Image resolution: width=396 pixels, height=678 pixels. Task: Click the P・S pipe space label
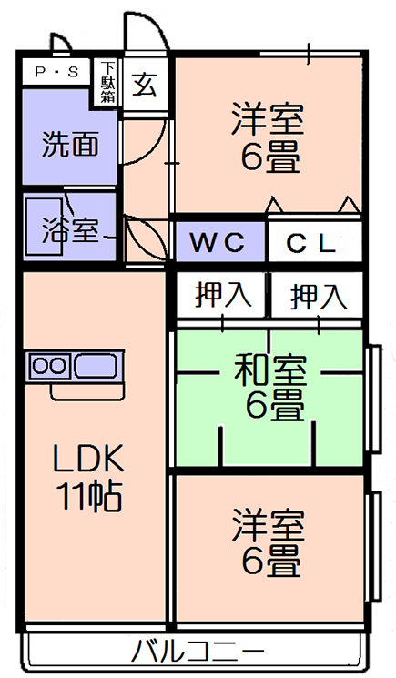pos(56,72)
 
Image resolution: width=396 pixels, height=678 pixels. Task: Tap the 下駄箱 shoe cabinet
pos(107,83)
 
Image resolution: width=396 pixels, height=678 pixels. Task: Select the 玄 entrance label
pos(145,85)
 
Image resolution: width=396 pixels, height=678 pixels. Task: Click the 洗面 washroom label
pos(70,144)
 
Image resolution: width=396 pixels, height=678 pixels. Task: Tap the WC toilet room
pos(220,241)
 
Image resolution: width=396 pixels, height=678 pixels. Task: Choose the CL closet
pos(314,242)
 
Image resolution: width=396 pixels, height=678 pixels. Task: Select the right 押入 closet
pos(317,296)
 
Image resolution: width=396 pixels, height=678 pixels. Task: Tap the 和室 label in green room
pos(270,370)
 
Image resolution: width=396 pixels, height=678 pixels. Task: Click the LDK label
pos(88,458)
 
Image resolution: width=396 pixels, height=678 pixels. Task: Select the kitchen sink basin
pos(96,366)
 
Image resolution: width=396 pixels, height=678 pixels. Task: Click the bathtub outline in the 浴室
pos(44,227)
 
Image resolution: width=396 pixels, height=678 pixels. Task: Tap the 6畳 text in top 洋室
pos(270,158)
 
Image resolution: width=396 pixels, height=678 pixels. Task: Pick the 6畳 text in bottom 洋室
pos(270,562)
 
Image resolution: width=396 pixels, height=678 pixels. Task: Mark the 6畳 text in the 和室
pos(275,405)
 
